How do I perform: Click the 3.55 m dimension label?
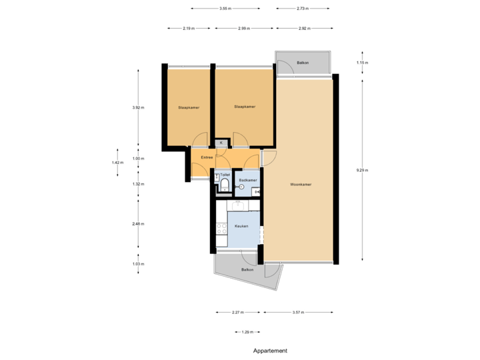(x=225, y=9)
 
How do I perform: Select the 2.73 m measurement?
(x=303, y=9)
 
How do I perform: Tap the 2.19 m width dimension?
(x=189, y=29)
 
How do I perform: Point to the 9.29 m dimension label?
(x=363, y=170)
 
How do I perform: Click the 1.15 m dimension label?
(x=363, y=63)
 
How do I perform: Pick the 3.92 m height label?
(x=138, y=107)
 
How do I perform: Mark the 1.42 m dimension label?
(x=117, y=162)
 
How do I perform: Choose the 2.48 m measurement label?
(x=138, y=224)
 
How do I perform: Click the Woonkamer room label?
(x=301, y=184)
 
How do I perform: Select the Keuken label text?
(x=241, y=227)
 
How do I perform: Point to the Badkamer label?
(x=248, y=181)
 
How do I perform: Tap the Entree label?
(x=207, y=157)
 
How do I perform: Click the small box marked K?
(x=221, y=143)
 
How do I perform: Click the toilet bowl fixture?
(x=225, y=185)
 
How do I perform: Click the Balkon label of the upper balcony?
(x=303, y=63)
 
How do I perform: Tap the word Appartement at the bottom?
(x=270, y=350)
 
